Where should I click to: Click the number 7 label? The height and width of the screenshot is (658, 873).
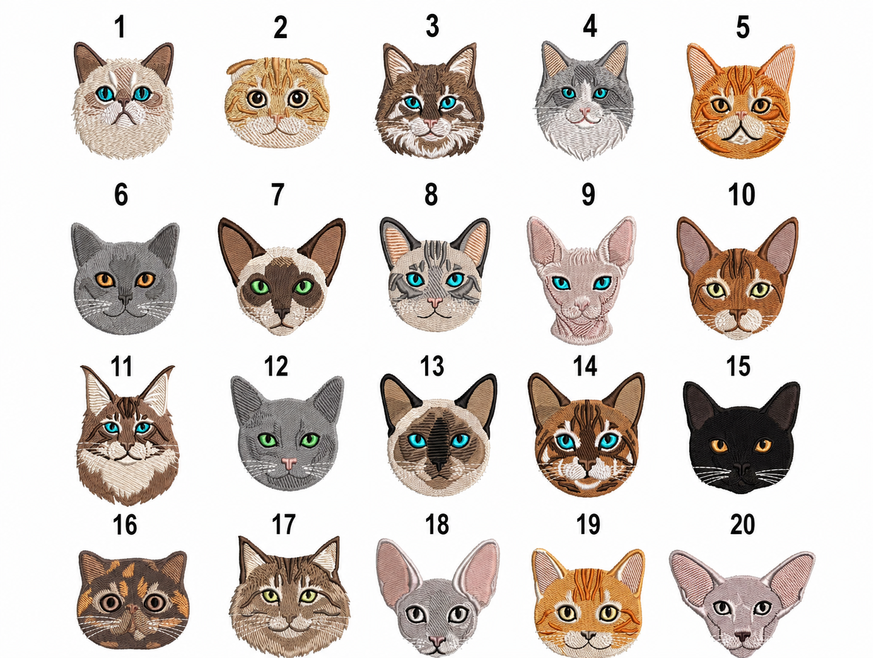[x=277, y=195]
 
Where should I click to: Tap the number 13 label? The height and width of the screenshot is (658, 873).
[x=432, y=366]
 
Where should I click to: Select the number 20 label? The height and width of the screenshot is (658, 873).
[x=742, y=524]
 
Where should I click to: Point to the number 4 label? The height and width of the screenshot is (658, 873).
[x=590, y=26]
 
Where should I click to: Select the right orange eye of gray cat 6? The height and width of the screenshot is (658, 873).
[x=145, y=280]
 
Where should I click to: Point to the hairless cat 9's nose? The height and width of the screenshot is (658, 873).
[x=582, y=305]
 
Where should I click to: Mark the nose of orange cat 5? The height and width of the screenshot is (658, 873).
[x=741, y=115]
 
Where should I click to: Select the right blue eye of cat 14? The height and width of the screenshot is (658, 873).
[x=608, y=441]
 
